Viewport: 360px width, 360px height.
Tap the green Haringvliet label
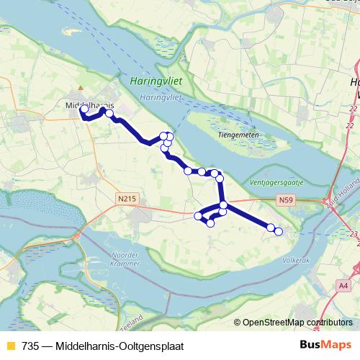point(155,83)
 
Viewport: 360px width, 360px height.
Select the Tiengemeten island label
point(237,135)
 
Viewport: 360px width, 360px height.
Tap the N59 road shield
point(287,201)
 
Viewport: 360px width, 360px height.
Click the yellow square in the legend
point(9,346)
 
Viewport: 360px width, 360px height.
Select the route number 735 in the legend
point(31,346)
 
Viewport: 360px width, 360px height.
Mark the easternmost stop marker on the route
point(279,231)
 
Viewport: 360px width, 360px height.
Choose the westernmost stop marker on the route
point(84,109)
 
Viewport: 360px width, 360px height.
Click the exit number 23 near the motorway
point(353,233)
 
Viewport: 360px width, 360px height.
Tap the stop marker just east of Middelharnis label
point(109,113)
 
